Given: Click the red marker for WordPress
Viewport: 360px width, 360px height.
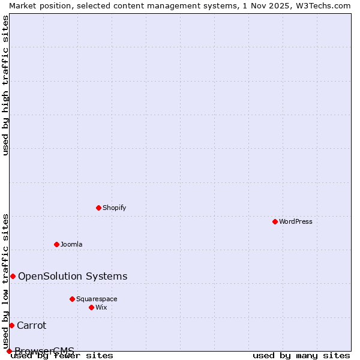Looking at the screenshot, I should click(x=275, y=221).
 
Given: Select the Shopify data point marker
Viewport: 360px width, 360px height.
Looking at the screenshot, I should click(x=98, y=208).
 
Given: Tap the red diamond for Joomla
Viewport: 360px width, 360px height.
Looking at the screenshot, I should click(x=56, y=244).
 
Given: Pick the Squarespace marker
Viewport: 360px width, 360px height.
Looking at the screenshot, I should click(x=72, y=299).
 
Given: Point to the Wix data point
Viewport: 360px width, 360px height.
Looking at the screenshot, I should click(x=91, y=307).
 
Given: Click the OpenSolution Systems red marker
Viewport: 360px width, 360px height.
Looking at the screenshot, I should click(x=13, y=276).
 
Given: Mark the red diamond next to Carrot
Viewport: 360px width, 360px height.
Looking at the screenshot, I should click(x=11, y=325).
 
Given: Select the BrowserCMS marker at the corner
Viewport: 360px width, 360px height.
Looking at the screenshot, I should click(x=9, y=351).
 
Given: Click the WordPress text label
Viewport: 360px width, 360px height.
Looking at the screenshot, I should click(x=296, y=221).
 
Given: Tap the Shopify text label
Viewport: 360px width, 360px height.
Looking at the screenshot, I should click(x=114, y=208).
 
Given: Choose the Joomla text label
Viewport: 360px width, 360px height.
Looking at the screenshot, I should click(x=71, y=244).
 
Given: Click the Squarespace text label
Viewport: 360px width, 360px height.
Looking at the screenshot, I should click(x=97, y=299).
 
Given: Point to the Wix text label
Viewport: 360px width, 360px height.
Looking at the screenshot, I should click(x=101, y=307).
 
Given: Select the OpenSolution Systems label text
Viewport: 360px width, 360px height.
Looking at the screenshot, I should click(x=73, y=276).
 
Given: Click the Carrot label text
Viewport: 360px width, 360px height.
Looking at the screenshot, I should click(x=31, y=325).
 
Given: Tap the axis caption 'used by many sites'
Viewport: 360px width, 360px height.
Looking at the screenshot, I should click(x=301, y=355).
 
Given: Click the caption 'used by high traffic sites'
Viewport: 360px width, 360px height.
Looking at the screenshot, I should click(x=5, y=85).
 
